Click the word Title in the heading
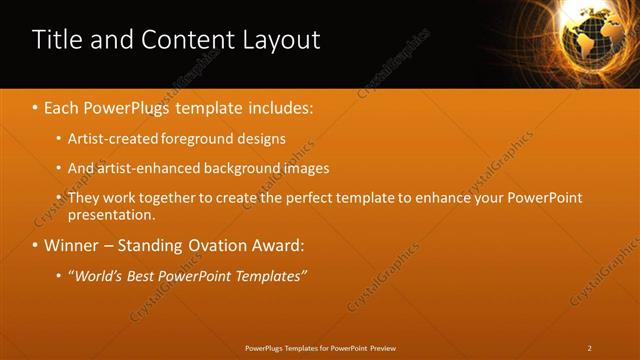click(56, 40)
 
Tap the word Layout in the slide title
click(281, 40)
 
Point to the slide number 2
click(590, 348)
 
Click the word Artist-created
click(110, 138)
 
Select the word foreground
click(196, 138)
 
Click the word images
click(300, 168)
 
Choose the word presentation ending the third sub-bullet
click(110, 214)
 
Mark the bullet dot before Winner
click(36, 245)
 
